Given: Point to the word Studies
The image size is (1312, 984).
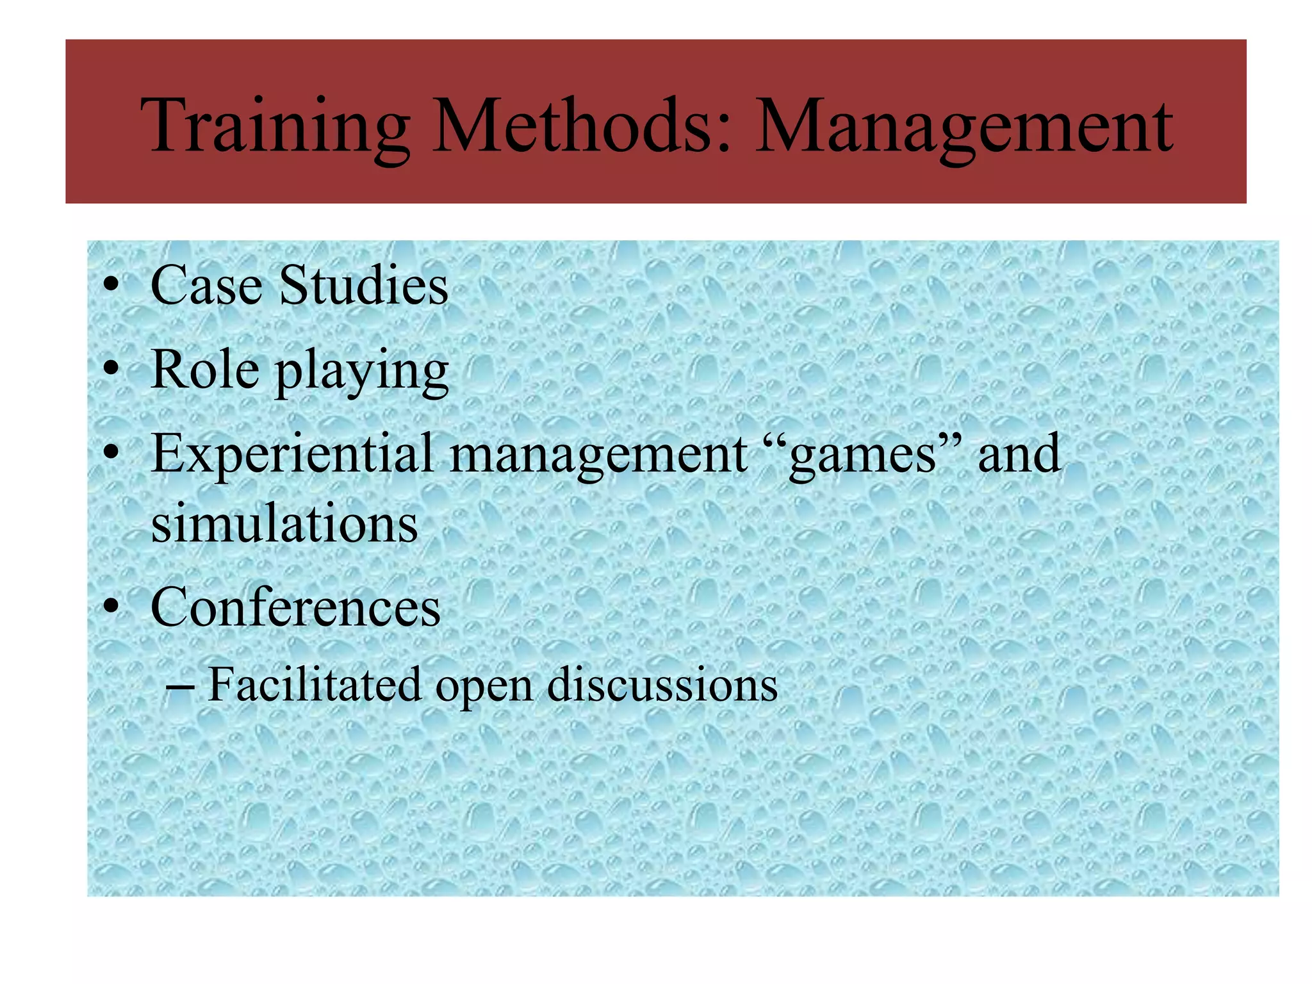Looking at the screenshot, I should pyautogui.click(x=363, y=285).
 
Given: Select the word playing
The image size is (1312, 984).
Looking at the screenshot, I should pyautogui.click(x=362, y=372).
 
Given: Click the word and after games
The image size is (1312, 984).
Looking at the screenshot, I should pyautogui.click(x=1019, y=454).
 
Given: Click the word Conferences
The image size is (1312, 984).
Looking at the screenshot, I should pyautogui.click(x=295, y=607).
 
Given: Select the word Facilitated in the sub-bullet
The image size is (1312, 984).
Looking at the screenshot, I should pyautogui.click(x=315, y=684).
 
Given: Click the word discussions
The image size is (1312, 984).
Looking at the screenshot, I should pyautogui.click(x=662, y=684).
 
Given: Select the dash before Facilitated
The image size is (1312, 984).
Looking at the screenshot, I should pyautogui.click(x=180, y=687).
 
